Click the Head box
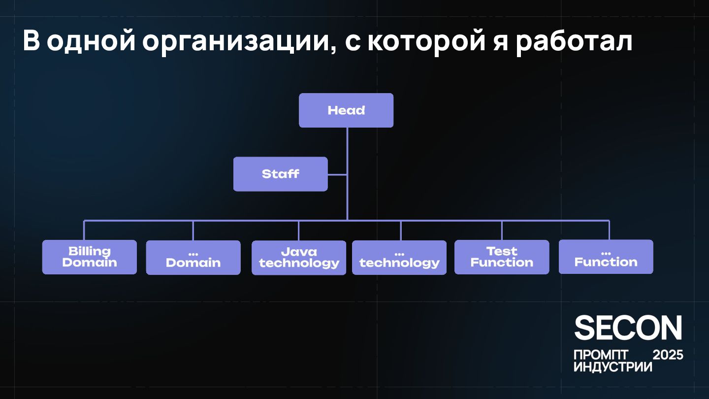pyautogui.click(x=346, y=110)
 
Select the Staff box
pyautogui.click(x=280, y=174)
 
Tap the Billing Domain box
pyautogui.click(x=90, y=257)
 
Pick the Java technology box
pyautogui.click(x=299, y=258)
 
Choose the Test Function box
pyautogui.click(x=502, y=257)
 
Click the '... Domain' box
pyautogui.click(x=193, y=258)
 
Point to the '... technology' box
pyautogui.click(x=399, y=258)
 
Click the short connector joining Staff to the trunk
pyautogui.click(x=337, y=174)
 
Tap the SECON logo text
pyautogui.click(x=628, y=328)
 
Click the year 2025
pyautogui.click(x=668, y=355)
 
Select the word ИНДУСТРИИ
pyautogui.click(x=613, y=367)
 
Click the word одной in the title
pyautogui.click(x=91, y=41)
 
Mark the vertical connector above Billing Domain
pyautogui.click(x=84, y=230)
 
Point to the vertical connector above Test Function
pyautogui.click(x=502, y=230)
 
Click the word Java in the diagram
pyautogui.click(x=299, y=252)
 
